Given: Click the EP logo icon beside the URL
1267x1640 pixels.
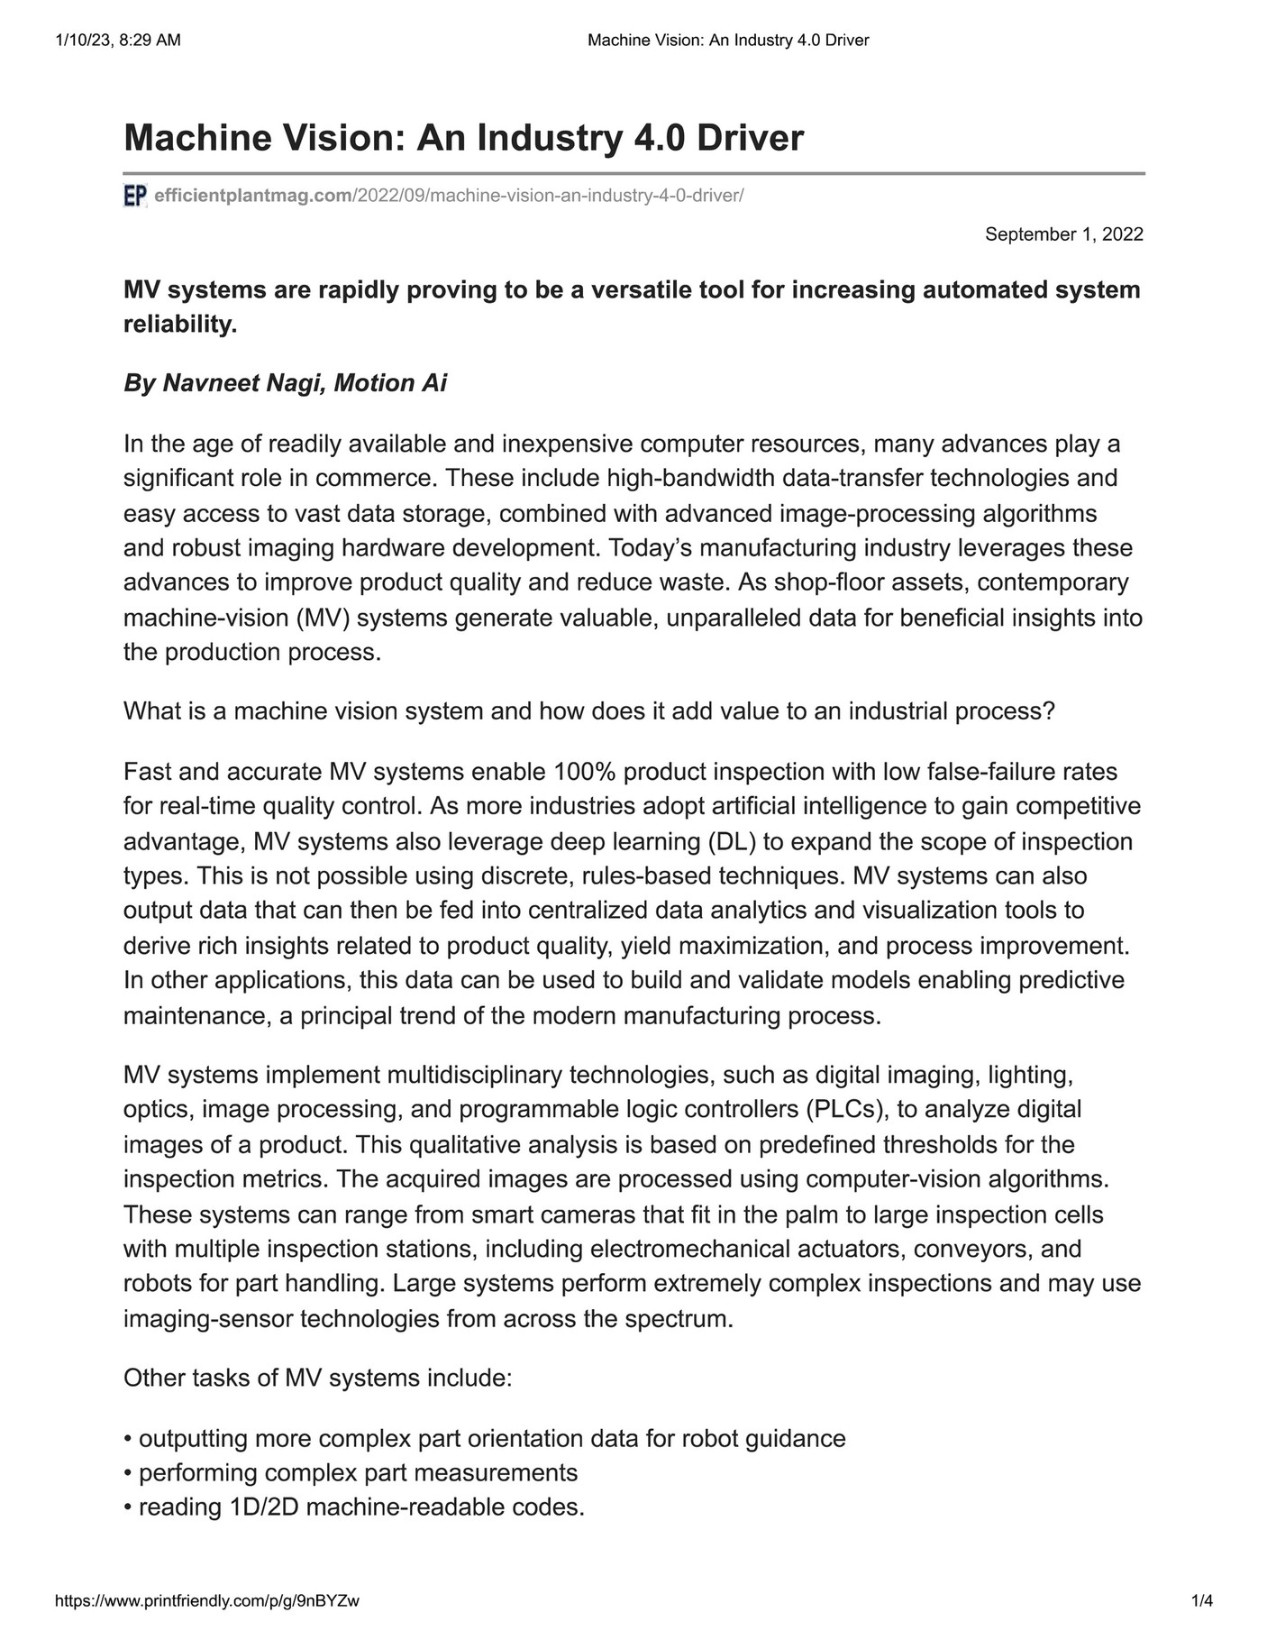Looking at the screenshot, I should (134, 196).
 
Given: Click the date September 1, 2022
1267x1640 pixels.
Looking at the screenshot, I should (1063, 234).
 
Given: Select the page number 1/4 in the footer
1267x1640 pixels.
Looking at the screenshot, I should (1202, 1601).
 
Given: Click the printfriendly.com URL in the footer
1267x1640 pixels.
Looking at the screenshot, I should (207, 1601).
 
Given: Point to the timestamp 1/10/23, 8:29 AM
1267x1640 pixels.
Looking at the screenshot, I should (118, 40).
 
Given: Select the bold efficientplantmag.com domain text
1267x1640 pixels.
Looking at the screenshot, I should (253, 196).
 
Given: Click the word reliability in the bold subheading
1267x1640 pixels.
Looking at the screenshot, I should (179, 325).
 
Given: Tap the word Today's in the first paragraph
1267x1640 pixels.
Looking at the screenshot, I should (650, 547).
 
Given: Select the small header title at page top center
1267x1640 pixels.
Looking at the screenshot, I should (727, 40).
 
